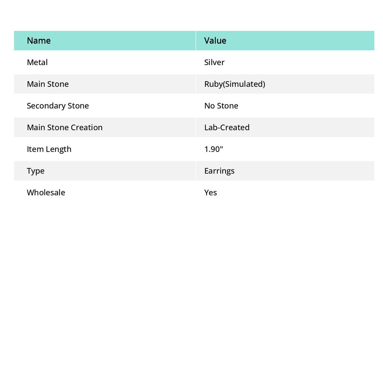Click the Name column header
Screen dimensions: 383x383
39,40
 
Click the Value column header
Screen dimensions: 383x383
215,40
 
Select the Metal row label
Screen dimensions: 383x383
37,62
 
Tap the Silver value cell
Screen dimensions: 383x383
214,62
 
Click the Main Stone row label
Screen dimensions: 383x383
48,84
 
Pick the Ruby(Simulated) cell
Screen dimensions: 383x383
235,84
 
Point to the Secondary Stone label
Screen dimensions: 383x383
58,105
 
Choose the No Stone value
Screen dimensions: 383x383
221,105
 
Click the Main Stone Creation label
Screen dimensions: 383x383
64,127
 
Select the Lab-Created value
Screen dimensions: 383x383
227,127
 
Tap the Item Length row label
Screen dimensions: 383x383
49,149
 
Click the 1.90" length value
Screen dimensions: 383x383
214,149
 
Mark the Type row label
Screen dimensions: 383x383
36,171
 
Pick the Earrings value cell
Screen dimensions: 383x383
219,171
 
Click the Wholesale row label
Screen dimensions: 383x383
46,192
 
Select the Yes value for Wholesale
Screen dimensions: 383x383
211,192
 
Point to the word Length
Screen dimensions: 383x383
58,149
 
